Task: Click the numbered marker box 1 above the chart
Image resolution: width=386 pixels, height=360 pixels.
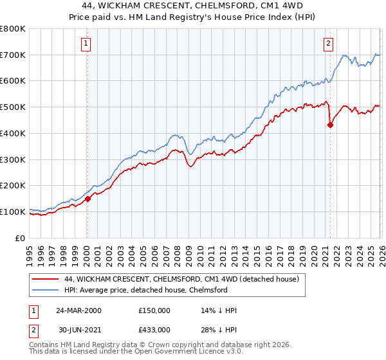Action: [86, 44]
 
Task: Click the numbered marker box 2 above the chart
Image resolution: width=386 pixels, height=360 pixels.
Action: [328, 44]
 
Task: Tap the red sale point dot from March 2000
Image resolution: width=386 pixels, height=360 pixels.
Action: [88, 199]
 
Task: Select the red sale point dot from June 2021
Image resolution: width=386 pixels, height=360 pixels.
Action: [330, 125]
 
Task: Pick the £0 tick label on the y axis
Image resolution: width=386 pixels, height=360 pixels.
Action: [20, 238]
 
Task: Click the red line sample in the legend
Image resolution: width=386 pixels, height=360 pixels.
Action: [45, 280]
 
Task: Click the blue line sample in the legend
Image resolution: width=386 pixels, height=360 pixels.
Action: [45, 291]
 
